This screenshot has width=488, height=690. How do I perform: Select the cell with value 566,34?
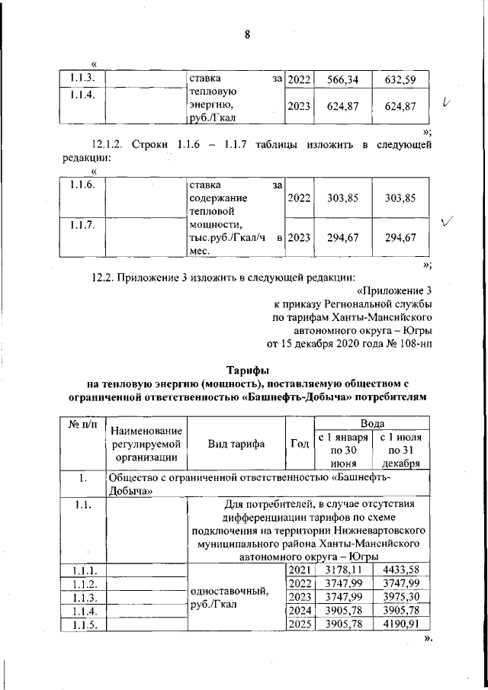(x=342, y=79)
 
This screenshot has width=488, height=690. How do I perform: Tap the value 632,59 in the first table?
(x=399, y=79)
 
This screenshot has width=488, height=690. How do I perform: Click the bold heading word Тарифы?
(x=247, y=370)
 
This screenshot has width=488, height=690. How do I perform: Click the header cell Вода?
(x=372, y=422)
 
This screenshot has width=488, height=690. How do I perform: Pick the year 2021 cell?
(x=300, y=570)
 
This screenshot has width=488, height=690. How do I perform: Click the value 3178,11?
(x=342, y=570)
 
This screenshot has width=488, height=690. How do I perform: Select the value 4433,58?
(x=399, y=570)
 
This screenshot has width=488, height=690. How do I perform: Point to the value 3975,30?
(x=399, y=597)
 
